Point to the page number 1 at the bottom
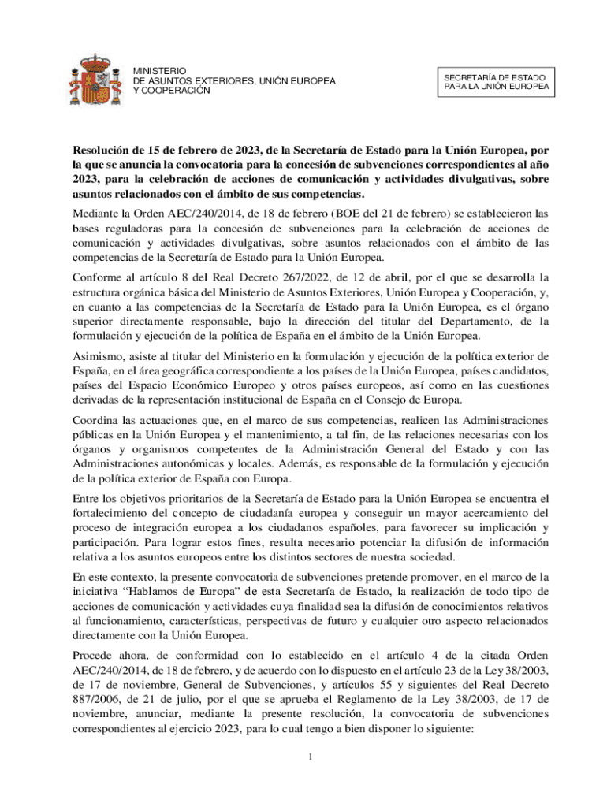tap(311, 757)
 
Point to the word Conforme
tap(99, 277)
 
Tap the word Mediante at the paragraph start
tap(99, 212)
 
